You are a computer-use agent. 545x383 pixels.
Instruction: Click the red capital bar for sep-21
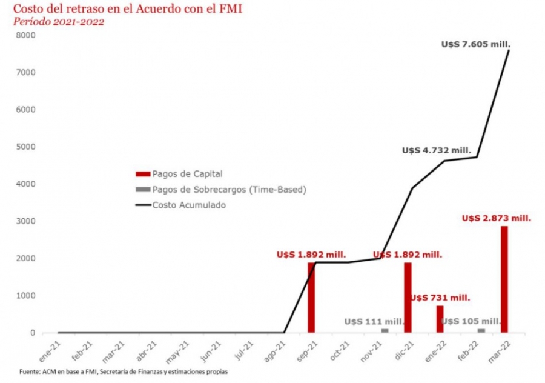311,297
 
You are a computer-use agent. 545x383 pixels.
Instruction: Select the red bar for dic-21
408,297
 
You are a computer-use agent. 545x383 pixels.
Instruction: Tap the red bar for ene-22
440,319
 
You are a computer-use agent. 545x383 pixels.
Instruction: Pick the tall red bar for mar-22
504,279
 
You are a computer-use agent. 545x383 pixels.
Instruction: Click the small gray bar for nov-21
385,330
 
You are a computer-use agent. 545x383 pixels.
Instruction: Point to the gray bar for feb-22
481,330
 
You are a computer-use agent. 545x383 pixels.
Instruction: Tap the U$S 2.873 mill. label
497,218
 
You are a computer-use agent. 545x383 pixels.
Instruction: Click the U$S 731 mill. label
440,298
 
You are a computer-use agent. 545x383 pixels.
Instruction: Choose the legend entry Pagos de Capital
187,173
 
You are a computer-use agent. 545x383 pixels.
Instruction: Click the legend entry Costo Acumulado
189,205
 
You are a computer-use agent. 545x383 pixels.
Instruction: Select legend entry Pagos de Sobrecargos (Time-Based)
229,189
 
